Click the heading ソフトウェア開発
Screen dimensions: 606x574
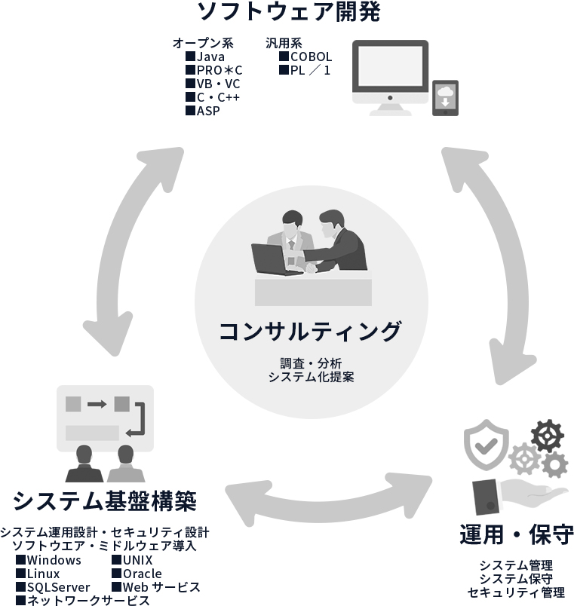(289, 13)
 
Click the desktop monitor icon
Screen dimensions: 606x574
(391, 75)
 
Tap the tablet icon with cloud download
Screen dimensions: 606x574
(445, 97)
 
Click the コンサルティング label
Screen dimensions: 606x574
(310, 331)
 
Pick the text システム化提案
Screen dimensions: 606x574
(310, 376)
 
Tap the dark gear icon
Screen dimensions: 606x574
(547, 436)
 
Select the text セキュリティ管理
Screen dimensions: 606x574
(516, 592)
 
